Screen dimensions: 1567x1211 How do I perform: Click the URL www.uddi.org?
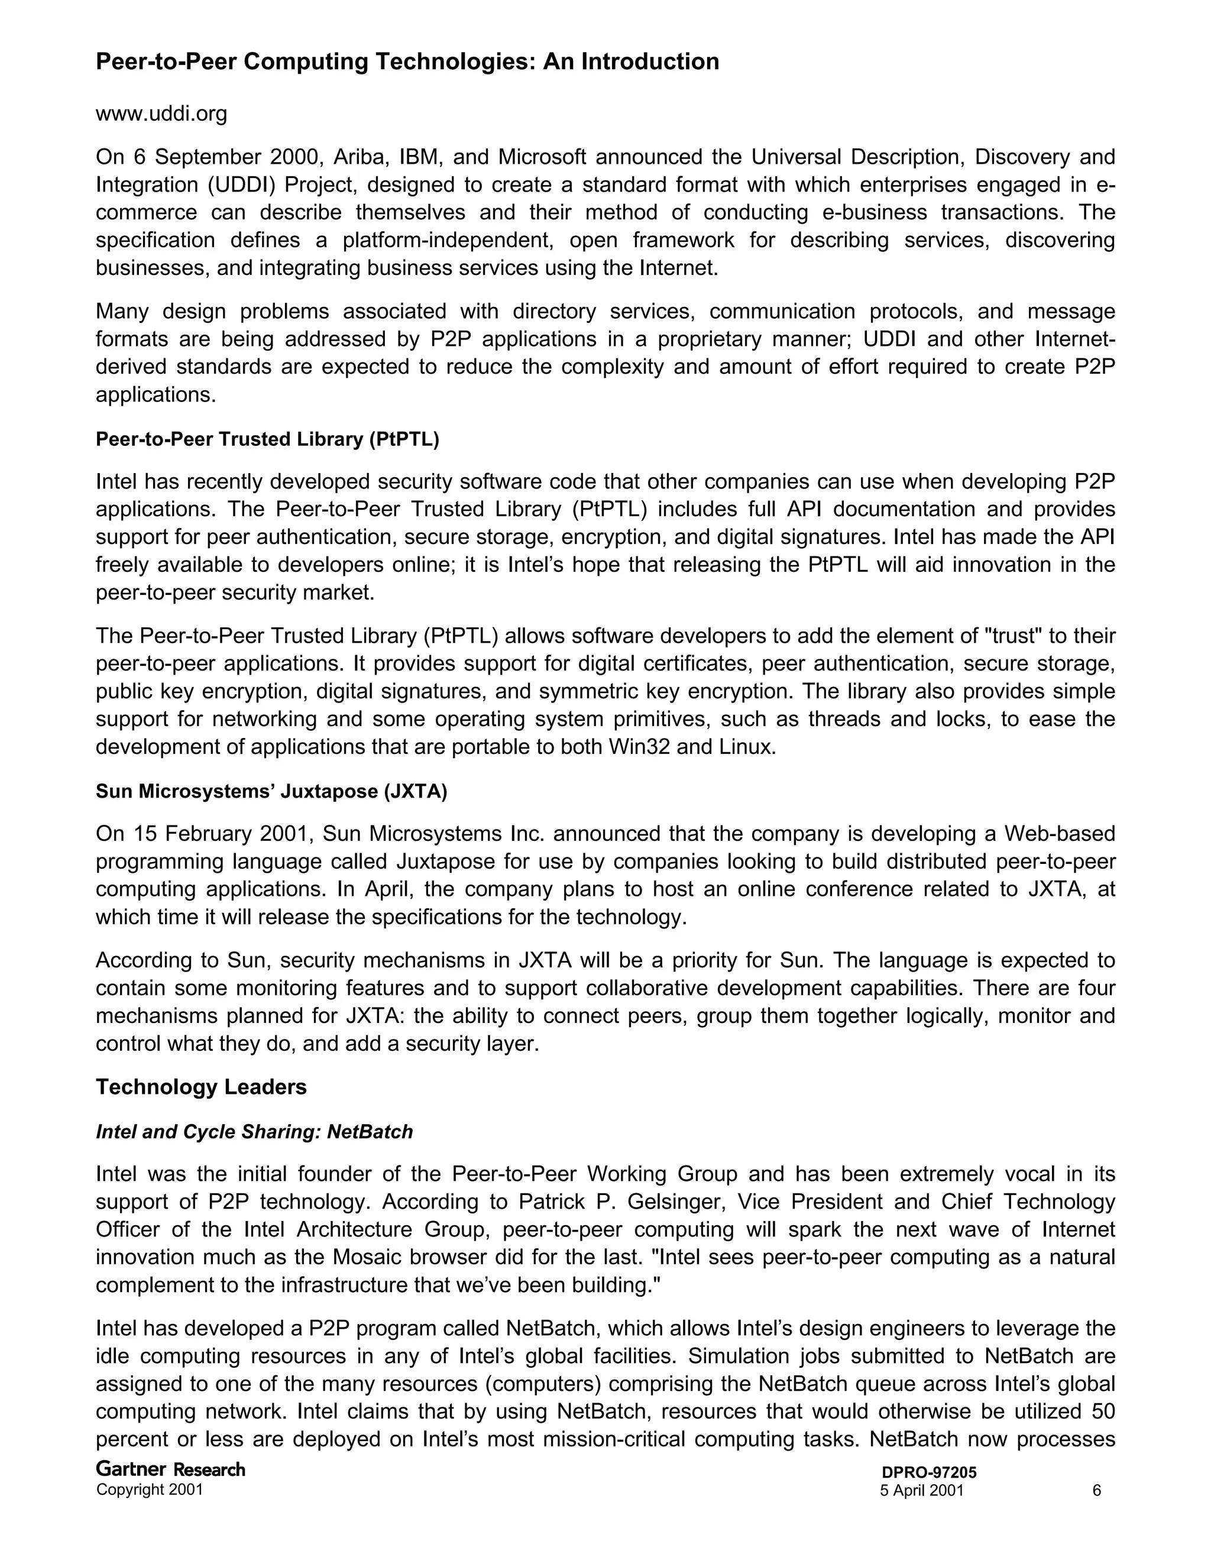pos(161,114)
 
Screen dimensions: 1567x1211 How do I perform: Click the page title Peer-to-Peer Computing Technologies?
pos(407,61)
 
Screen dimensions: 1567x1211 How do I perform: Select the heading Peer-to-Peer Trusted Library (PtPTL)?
pos(267,439)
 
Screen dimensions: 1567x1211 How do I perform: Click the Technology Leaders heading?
pos(201,1087)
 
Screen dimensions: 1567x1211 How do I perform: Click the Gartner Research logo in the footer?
pos(170,1469)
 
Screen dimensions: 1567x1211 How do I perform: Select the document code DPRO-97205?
pos(928,1473)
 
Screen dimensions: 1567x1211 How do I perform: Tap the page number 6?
pos(1096,1490)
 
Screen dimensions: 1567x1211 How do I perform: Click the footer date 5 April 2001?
pos(921,1490)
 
